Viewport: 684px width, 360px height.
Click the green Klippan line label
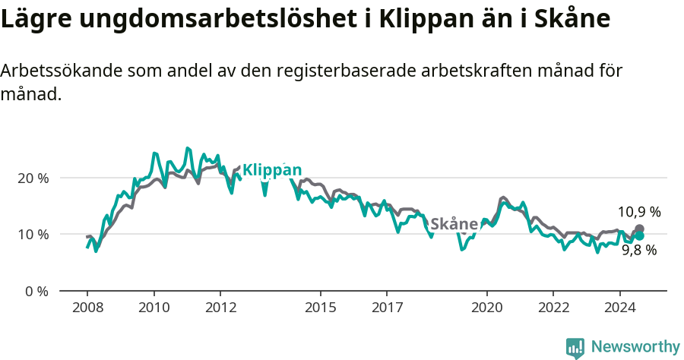[x=272, y=170]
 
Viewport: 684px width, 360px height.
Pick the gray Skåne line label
[x=454, y=224]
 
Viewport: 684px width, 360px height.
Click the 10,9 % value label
[x=638, y=212]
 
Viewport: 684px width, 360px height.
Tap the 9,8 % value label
[x=638, y=250]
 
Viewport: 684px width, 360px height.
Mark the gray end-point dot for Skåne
[x=639, y=229]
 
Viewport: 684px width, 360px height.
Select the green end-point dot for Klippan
[x=639, y=235]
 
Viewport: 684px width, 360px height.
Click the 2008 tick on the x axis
[x=87, y=308]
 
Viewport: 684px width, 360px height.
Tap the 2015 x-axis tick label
[x=320, y=308]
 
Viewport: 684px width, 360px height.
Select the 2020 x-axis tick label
[x=486, y=308]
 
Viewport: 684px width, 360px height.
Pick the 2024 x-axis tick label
[x=619, y=308]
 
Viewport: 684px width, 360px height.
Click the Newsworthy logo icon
[x=575, y=347]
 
